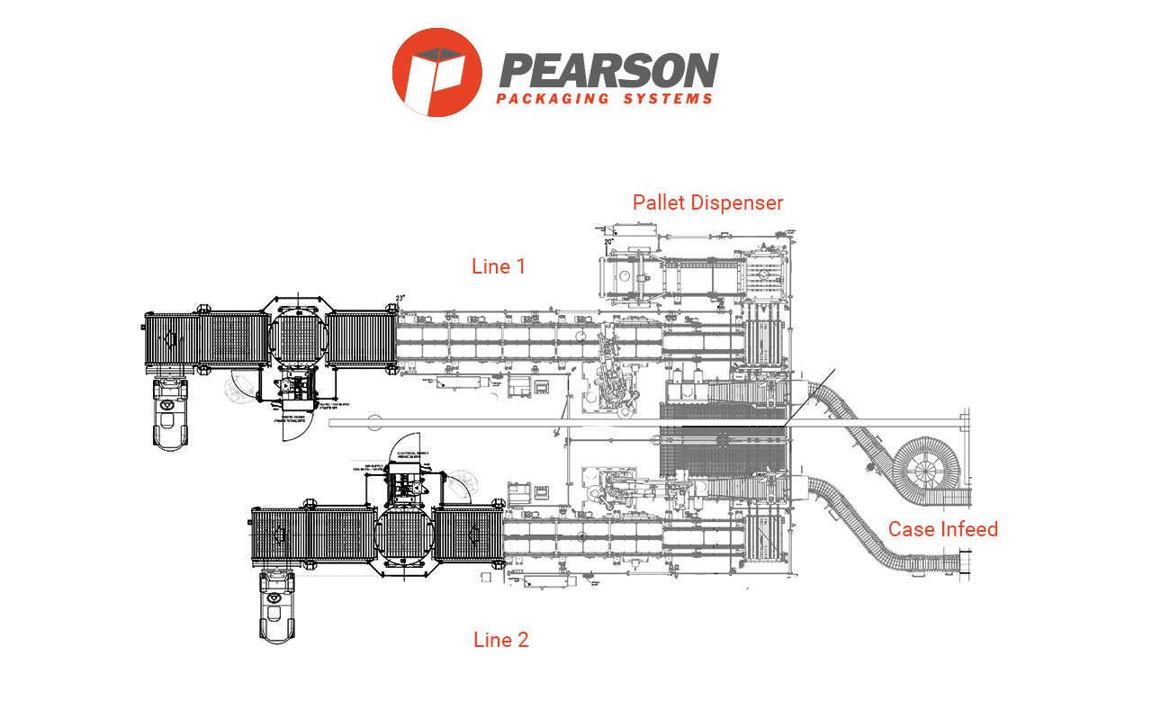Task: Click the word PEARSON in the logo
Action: pos(609,71)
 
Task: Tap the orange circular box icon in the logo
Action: pos(436,72)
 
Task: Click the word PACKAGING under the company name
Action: pos(553,99)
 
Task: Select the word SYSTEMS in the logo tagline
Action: pos(668,99)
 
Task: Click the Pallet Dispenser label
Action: pos(707,202)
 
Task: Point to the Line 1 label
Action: pos(499,266)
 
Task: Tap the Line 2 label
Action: pos(501,640)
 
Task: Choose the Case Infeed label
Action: pos(943,529)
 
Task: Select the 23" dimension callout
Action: pos(400,299)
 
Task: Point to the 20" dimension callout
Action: pos(609,241)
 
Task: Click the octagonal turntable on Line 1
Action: pos(296,339)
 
